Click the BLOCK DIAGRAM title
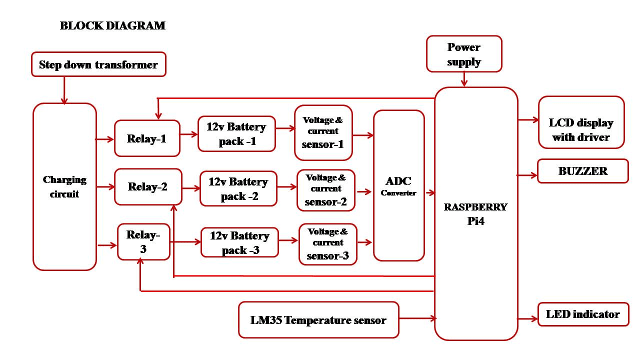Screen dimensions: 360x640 (x=112, y=25)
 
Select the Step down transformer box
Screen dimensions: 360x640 (x=98, y=64)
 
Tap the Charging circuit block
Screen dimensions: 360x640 (x=64, y=186)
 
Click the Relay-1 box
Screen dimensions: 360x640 (x=147, y=138)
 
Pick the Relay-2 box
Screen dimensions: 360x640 (x=148, y=187)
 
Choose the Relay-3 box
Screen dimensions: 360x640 (x=143, y=241)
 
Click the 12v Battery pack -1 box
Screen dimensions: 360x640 (x=236, y=134)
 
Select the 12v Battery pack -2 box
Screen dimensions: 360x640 (x=238, y=188)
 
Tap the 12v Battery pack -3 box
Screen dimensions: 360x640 (x=239, y=242)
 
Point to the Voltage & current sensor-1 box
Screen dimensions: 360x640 (x=323, y=132)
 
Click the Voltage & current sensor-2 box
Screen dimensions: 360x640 (x=326, y=190)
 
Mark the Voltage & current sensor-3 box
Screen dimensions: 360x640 (x=328, y=244)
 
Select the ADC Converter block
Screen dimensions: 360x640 (x=398, y=185)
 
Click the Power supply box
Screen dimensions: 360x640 (x=464, y=54)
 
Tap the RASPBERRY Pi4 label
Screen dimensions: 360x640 (x=476, y=214)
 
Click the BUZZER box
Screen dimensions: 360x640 (x=582, y=171)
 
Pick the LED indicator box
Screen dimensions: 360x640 (x=583, y=314)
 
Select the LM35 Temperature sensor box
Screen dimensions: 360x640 (x=318, y=320)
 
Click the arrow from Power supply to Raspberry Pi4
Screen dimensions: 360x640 (x=464, y=79)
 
